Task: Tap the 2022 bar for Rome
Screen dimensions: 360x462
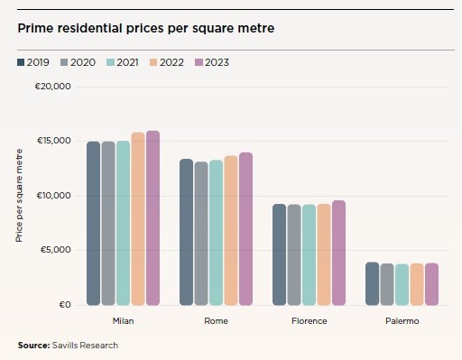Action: pos(231,230)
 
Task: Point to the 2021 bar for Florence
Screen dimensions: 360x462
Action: pos(309,254)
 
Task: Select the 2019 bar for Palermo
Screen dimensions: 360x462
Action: pos(372,283)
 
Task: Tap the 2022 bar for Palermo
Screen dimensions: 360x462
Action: pos(417,284)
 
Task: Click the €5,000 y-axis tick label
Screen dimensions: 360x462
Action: pos(56,250)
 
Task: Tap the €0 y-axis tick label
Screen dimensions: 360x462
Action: pos(65,305)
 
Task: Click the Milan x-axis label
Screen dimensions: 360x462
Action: pos(123,321)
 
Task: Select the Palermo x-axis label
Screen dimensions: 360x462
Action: pos(402,321)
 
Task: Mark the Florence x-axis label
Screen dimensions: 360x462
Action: pos(309,321)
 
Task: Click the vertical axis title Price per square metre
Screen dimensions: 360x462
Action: pos(19,197)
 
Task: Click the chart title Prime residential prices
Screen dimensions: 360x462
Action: pos(145,28)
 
